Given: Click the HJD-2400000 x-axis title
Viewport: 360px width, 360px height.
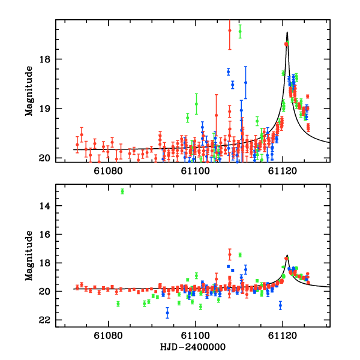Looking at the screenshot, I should [x=193, y=347].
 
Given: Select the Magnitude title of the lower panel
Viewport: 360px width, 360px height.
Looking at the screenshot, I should [x=29, y=255].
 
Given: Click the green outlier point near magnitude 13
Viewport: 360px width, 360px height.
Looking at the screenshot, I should [x=122, y=191].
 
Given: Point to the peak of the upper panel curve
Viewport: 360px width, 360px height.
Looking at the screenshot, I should [x=287, y=32].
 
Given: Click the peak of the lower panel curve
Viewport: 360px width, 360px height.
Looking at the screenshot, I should [x=287, y=256].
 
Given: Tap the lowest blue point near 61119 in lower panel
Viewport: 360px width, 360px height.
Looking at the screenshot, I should [x=280, y=305].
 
